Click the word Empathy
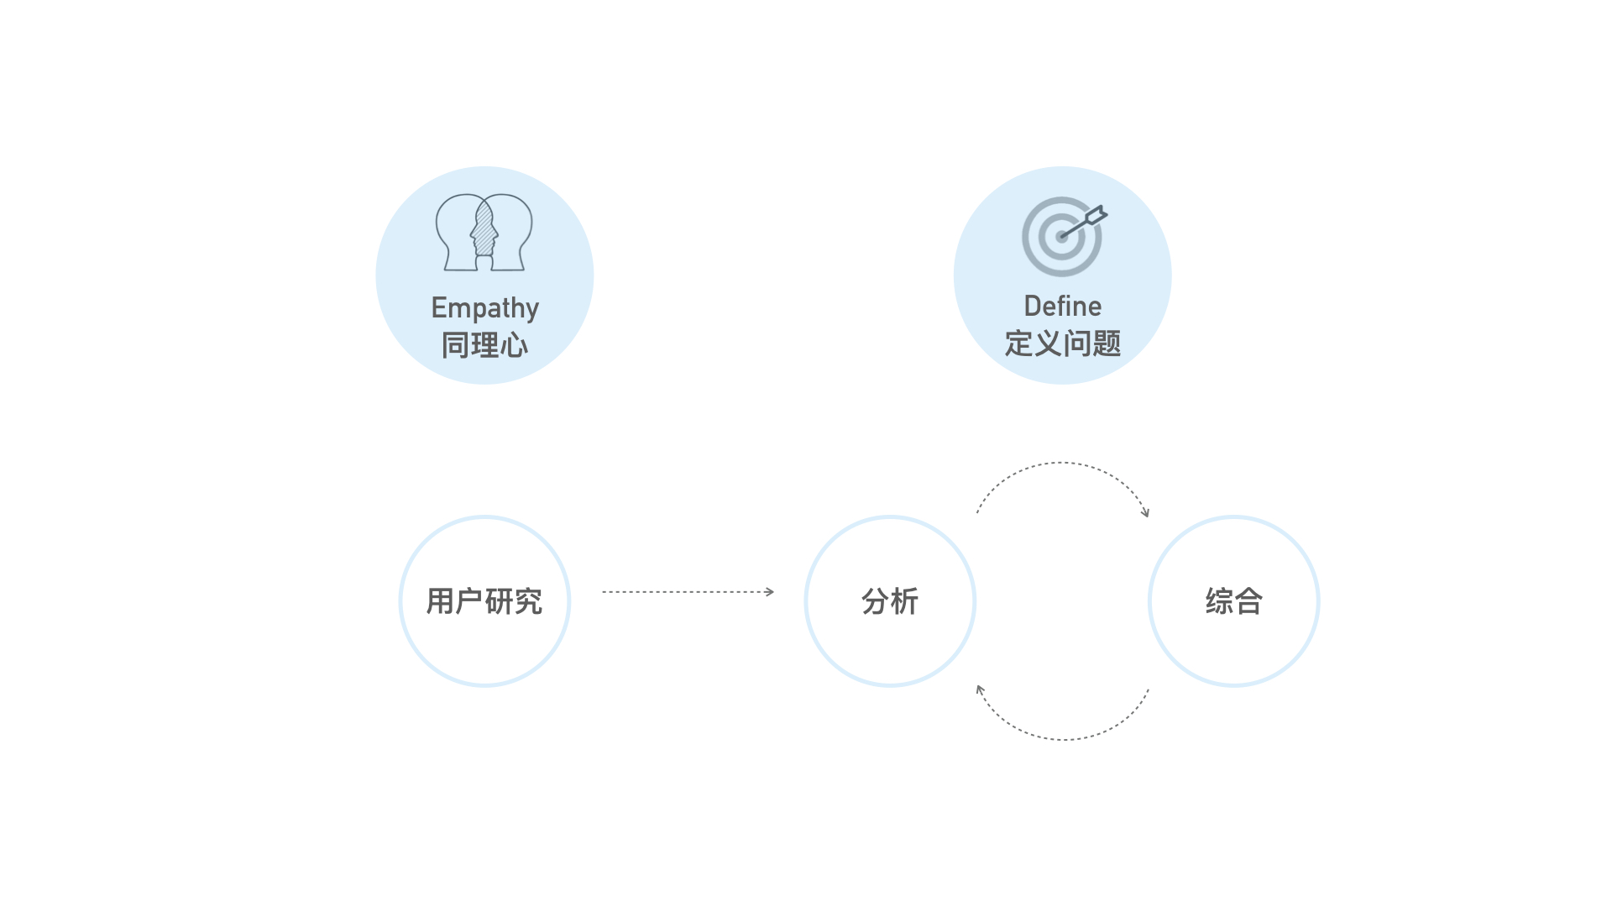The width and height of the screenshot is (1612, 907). [x=484, y=308]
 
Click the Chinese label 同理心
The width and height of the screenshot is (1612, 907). [x=484, y=345]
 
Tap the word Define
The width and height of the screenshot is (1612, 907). [x=1062, y=307]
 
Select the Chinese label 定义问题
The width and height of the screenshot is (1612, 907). [x=1062, y=343]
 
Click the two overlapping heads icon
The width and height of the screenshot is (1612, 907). [x=484, y=233]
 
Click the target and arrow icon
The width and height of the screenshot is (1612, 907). [x=1063, y=236]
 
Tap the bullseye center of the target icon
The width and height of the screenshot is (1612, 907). [x=1062, y=237]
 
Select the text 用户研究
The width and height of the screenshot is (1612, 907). [x=484, y=601]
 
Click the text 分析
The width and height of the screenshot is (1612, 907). [x=890, y=601]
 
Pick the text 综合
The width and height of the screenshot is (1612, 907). [x=1233, y=601]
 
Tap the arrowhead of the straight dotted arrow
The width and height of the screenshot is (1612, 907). [x=770, y=592]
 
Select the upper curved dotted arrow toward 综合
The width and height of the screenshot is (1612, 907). [x=1062, y=463]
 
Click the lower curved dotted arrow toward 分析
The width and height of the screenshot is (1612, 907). [x=1062, y=739]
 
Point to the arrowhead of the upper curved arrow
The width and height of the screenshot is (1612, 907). [x=1145, y=512]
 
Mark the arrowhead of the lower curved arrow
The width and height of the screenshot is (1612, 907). [x=980, y=689]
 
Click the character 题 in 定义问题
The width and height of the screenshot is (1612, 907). [x=1107, y=343]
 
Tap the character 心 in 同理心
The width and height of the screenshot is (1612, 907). [x=514, y=345]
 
